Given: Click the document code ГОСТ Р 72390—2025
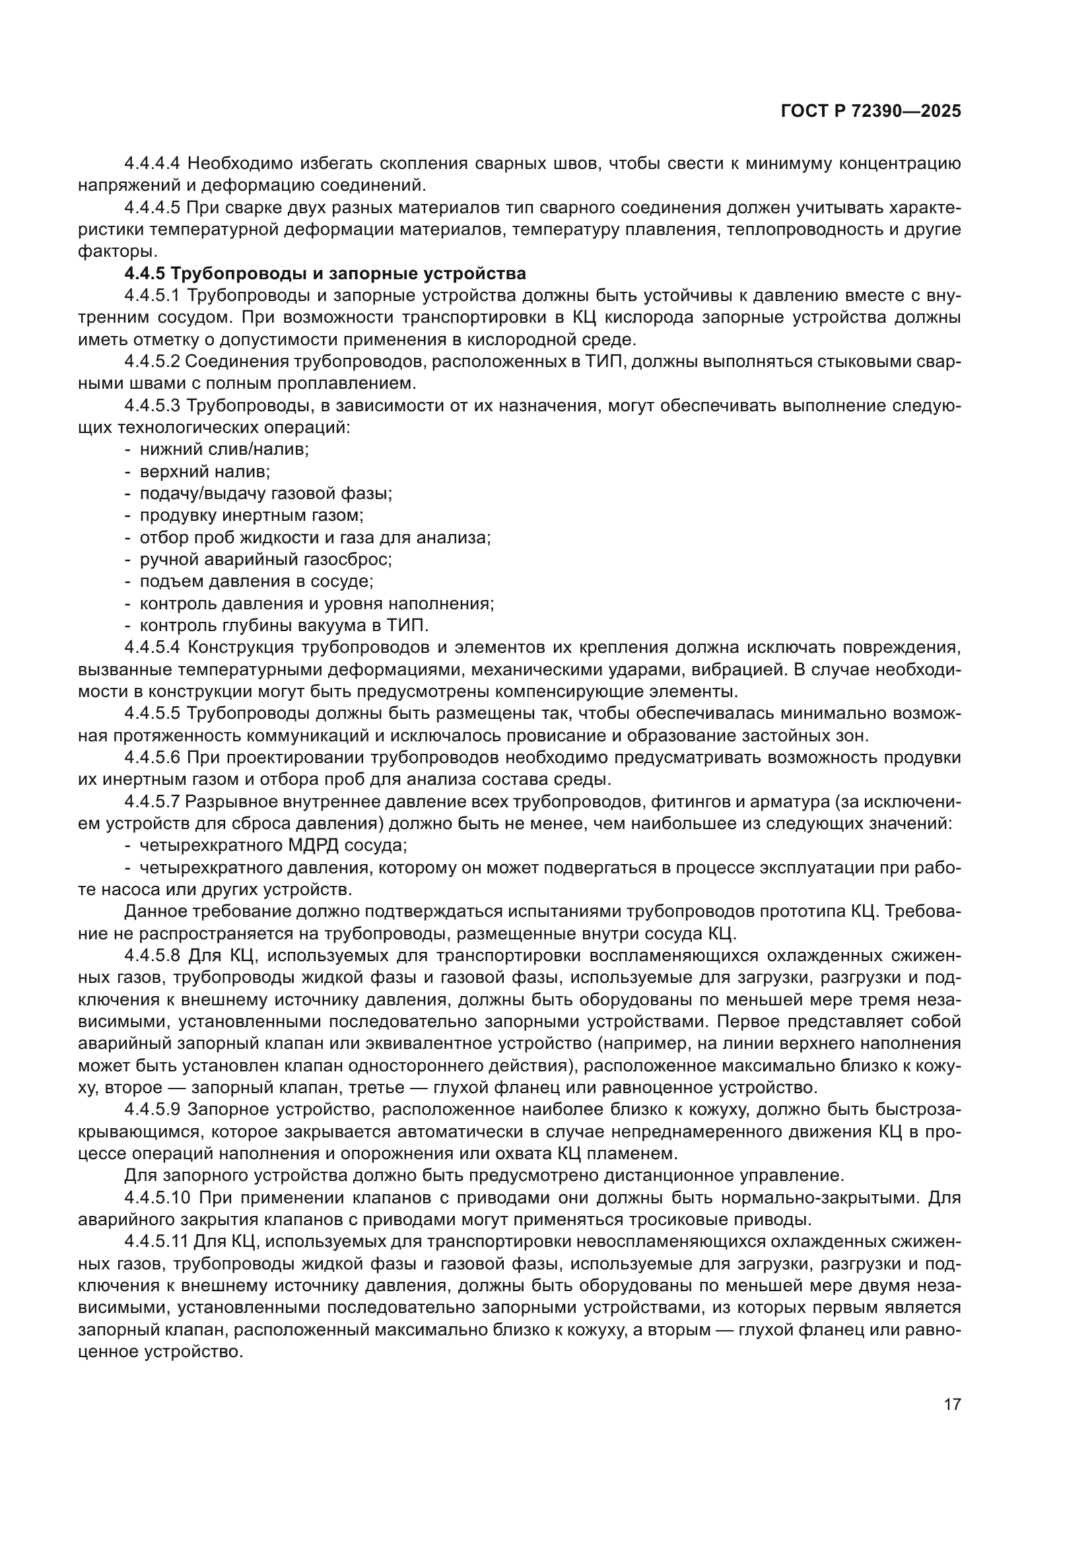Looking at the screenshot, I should [871, 112].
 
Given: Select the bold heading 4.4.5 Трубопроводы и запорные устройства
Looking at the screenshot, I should [325, 274].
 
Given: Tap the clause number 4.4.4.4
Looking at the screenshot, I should [152, 163].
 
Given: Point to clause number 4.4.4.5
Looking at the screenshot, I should [152, 207].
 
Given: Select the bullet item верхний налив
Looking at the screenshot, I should [205, 471].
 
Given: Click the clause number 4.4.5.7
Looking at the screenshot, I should [152, 801].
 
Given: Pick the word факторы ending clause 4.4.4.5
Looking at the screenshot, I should [116, 252].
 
